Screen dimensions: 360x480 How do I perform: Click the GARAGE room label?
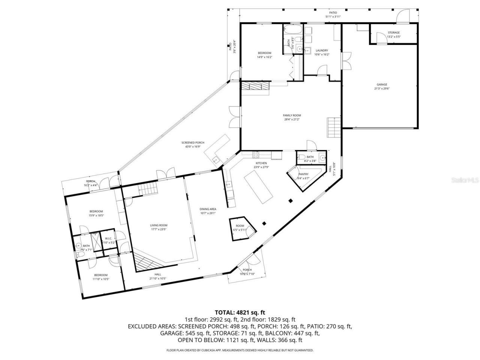382,85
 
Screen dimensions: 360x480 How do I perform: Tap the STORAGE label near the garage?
394,33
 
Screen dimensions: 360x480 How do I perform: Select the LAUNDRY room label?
322,51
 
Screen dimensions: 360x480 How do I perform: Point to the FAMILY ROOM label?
292,115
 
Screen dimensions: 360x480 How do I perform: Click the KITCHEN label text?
261,163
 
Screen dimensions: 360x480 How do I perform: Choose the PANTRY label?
303,174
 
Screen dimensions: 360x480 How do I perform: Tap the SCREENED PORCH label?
193,143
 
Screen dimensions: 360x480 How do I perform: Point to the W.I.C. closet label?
109,238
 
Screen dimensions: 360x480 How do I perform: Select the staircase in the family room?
333,127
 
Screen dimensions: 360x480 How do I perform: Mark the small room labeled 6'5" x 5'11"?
240,228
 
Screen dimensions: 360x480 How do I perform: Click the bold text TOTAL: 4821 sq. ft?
240,312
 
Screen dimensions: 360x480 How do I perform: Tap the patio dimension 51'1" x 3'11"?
333,16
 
